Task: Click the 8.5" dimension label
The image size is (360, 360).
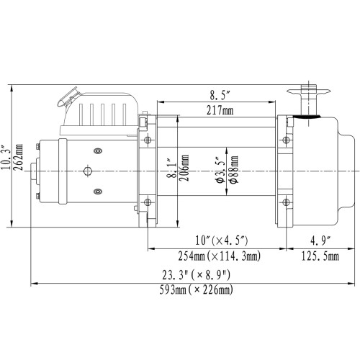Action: coord(221,94)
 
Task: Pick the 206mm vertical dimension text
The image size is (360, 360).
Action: coord(184,169)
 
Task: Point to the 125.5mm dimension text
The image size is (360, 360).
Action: coord(315,256)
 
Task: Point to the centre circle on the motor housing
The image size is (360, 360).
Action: coord(87,171)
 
